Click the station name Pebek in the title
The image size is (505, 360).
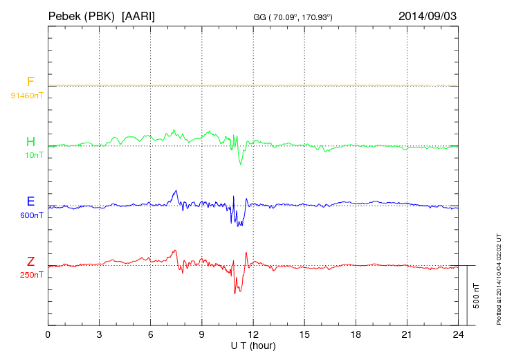(x=65, y=15)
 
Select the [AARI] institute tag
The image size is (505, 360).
(x=138, y=15)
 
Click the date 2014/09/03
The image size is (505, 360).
(x=428, y=15)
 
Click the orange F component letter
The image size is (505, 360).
(x=30, y=82)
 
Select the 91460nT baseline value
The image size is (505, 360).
(x=27, y=95)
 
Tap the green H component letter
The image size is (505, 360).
(x=30, y=142)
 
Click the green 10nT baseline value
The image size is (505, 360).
(x=32, y=155)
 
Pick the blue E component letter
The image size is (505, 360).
(x=30, y=201)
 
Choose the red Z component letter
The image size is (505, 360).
(x=30, y=261)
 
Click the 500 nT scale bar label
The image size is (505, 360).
(x=476, y=296)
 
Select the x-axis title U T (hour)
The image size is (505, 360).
(x=253, y=345)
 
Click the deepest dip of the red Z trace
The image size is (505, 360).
(x=235, y=294)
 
